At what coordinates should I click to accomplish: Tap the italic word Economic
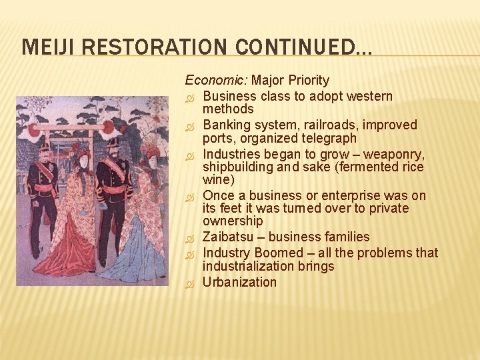coord(215,81)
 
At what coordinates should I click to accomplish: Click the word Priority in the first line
coord(309,81)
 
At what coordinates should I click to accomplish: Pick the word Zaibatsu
coord(229,237)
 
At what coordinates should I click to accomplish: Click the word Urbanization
coord(239,282)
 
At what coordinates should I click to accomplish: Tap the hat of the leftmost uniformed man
coord(44,145)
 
